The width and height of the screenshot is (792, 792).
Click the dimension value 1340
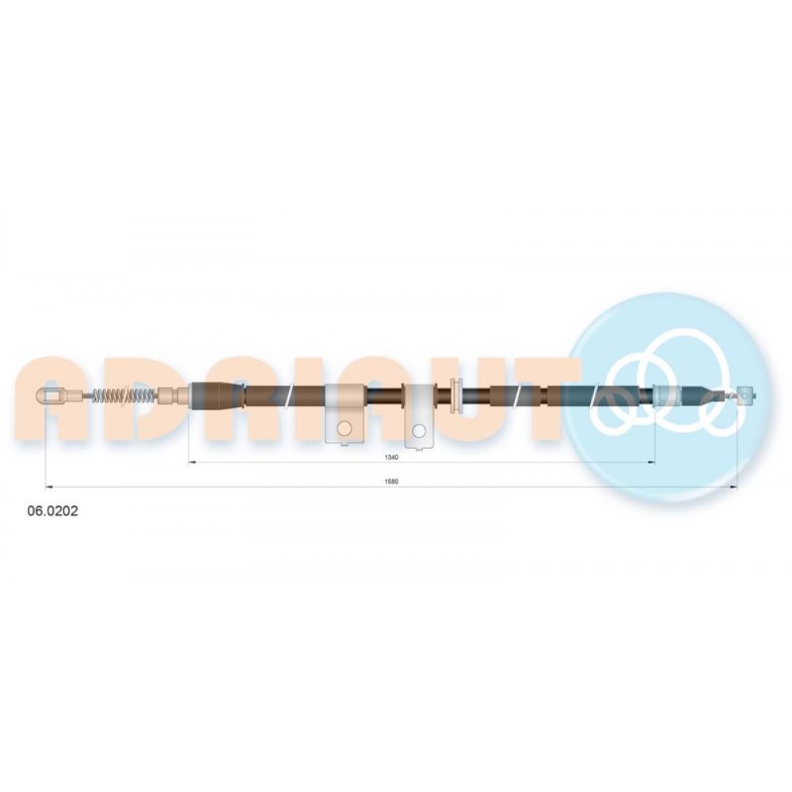392,457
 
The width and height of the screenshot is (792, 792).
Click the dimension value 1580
392,482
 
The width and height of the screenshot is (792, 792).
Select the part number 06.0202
52,511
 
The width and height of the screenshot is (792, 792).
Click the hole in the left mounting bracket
344,428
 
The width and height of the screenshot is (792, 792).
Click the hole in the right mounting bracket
419,430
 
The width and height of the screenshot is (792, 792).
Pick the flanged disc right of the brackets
455,395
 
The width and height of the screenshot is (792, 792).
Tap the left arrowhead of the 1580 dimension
49,487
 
